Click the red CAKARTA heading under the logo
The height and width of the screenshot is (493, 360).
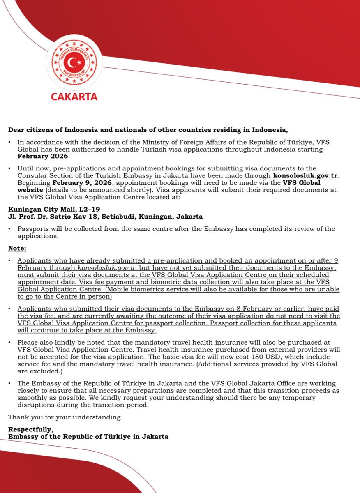tap(74, 97)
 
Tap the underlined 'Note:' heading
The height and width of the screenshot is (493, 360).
tap(17, 249)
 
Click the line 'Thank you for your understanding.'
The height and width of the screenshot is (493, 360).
tap(65, 417)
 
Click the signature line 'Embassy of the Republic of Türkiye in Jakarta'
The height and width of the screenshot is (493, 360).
tap(88, 437)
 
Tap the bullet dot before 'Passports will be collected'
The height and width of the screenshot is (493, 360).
tap(10, 229)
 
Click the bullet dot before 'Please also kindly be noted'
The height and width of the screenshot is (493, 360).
tap(10, 343)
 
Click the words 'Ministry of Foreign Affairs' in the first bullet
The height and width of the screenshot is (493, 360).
tap(166, 142)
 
